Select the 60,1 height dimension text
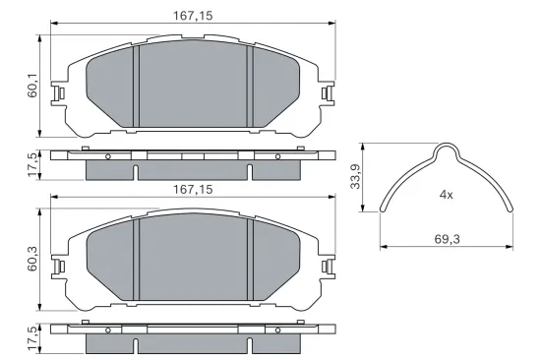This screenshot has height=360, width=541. [x=33, y=88]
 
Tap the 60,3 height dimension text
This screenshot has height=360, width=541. [x=33, y=259]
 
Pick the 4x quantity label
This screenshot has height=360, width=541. [x=446, y=194]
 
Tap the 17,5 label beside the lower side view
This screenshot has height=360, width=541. [x=33, y=338]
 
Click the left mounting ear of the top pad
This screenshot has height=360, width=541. [x=59, y=93]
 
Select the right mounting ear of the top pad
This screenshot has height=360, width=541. [x=327, y=93]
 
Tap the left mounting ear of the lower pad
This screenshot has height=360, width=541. [x=59, y=266]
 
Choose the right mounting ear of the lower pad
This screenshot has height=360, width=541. [x=327, y=266]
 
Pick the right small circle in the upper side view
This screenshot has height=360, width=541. [x=277, y=156]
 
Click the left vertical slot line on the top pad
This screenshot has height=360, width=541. [x=135, y=89]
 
